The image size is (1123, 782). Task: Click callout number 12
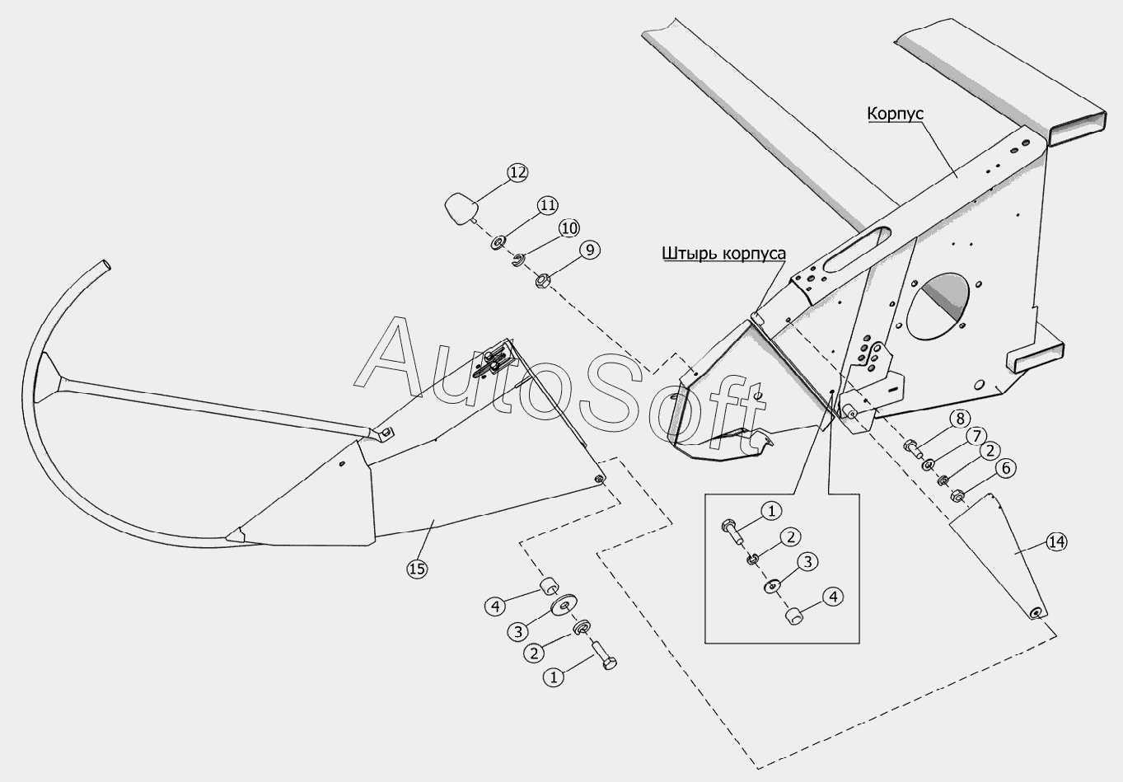pyautogui.click(x=517, y=173)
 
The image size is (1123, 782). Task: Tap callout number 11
pyautogui.click(x=548, y=204)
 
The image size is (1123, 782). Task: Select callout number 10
pyautogui.click(x=569, y=227)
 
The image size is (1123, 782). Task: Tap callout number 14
pyautogui.click(x=1056, y=541)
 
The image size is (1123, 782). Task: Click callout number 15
pyautogui.click(x=417, y=568)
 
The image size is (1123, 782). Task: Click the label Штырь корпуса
pyautogui.click(x=723, y=253)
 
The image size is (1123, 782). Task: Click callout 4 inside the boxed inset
pyautogui.click(x=834, y=596)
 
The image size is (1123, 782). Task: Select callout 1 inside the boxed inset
pyautogui.click(x=771, y=511)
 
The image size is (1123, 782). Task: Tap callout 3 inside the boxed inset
pyautogui.click(x=808, y=562)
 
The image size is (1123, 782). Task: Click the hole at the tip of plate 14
pyautogui.click(x=1036, y=611)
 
